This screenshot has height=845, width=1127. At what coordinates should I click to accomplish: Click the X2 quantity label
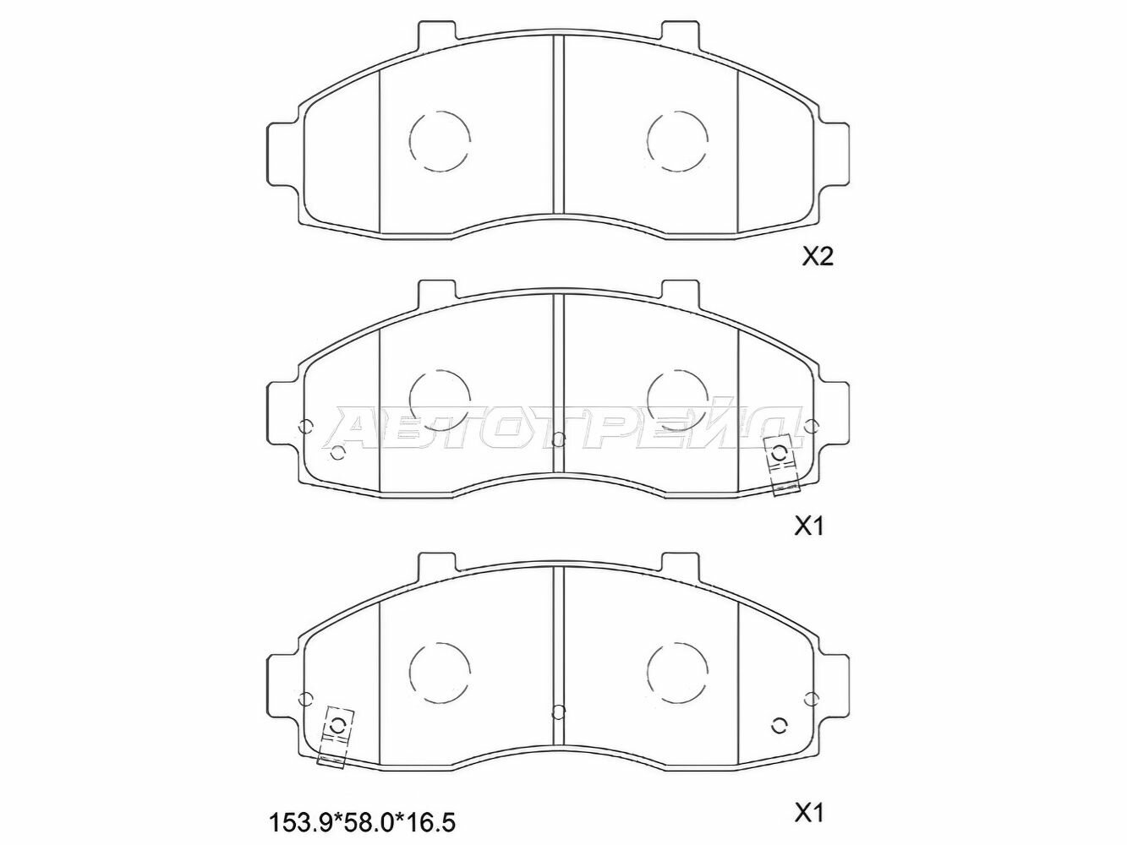pos(818,258)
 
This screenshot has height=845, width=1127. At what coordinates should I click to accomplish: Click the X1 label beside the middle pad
pos(809,526)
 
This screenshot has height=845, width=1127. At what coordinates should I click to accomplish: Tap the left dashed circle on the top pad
pos(439,141)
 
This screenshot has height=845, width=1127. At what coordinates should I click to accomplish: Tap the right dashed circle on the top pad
pos(677,141)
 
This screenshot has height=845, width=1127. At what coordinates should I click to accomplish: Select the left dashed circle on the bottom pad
pos(439,669)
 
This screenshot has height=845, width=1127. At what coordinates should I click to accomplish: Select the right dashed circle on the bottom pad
pos(677,669)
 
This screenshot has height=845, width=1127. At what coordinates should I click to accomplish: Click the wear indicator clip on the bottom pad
pos(336,735)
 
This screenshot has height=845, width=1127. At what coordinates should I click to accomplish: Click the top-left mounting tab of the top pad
pos(437,31)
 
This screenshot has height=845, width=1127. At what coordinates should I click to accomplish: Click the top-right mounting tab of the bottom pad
pos(680,563)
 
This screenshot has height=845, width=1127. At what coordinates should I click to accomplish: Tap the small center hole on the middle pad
pos(557,439)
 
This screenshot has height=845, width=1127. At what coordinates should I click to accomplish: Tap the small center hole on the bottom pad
pos(557,710)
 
